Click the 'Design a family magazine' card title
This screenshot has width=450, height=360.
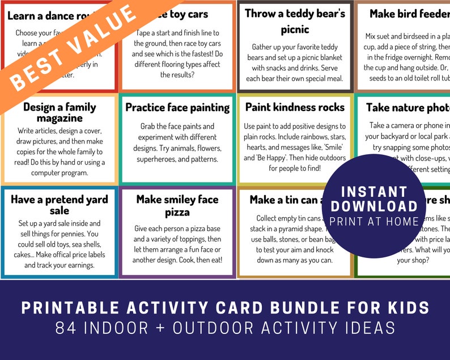click(60, 112)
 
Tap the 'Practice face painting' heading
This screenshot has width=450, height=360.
click(177, 107)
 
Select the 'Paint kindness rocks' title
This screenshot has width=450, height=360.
click(295, 107)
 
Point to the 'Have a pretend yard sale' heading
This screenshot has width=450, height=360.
click(60, 205)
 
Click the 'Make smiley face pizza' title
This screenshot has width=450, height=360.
click(177, 205)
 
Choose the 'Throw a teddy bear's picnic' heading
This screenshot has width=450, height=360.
click(295, 20)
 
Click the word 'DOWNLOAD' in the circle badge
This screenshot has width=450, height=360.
click(374, 206)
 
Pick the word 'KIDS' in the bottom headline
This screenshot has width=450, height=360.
click(405, 308)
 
